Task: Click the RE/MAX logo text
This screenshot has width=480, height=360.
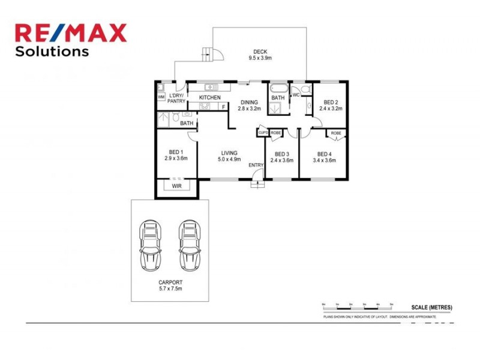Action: coord(71,33)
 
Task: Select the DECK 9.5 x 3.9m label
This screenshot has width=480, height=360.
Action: coord(260,55)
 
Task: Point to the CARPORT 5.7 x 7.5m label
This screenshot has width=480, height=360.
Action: coord(171,286)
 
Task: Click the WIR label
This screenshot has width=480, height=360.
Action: coord(176,187)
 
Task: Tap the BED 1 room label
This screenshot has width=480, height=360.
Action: coord(176,155)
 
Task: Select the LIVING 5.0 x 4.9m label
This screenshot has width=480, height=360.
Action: coord(229,156)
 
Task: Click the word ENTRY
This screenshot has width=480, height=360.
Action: coord(256,165)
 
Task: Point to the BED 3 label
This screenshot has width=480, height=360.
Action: coord(281,157)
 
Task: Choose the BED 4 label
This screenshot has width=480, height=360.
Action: coord(325,157)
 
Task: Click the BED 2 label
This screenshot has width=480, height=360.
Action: coord(330,106)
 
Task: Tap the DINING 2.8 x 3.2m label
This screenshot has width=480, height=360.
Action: coord(250,106)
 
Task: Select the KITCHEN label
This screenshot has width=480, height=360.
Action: coord(210,98)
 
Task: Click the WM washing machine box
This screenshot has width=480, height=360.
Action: coord(161,97)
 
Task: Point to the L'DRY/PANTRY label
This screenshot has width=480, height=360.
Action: coord(176,99)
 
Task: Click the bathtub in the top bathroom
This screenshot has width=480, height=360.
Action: coord(277,88)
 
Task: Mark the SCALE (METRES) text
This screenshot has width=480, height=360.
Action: coord(432,307)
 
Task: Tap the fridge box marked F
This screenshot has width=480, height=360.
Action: coord(224,107)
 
